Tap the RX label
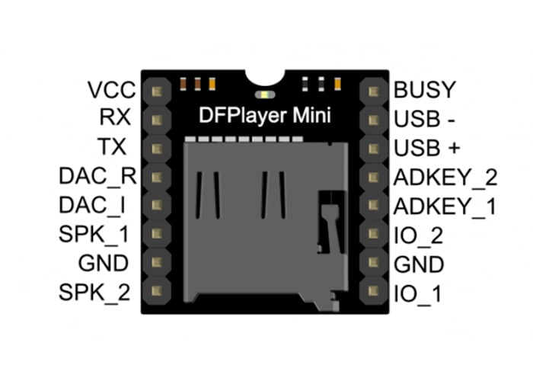pos(115,118)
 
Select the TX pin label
pos(116,146)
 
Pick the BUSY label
pos(424,90)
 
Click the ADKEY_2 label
pos(445,177)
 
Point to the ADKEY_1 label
pos(445,206)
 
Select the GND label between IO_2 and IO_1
pos(420,264)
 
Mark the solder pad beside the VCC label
pos(158,91)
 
